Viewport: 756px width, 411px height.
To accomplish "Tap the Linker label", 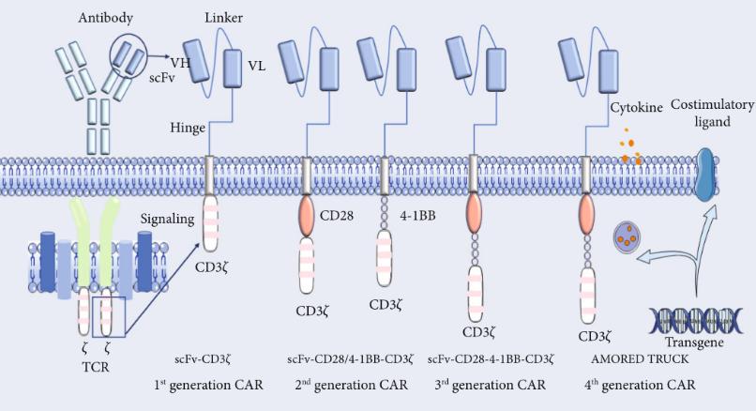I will coord(224,19).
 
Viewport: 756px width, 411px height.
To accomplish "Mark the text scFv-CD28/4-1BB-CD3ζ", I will coord(349,358).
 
